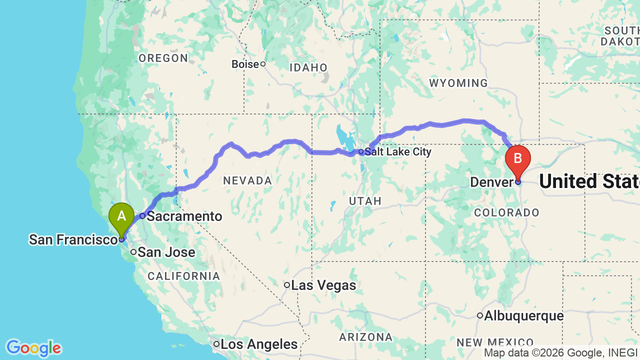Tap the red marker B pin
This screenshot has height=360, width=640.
tap(518, 159)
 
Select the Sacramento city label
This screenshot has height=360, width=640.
tap(184, 216)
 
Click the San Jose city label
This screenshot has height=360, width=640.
tap(166, 252)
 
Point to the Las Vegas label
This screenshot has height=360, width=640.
tap(323, 285)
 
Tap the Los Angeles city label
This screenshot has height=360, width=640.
tap(259, 344)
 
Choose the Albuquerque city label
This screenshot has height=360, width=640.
tap(523, 316)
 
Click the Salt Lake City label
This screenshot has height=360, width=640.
tap(397, 151)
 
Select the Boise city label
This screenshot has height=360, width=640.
tap(245, 64)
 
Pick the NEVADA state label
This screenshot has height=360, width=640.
tap(247, 180)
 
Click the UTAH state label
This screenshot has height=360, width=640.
tap(365, 201)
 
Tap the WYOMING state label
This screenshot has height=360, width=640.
tap(458, 83)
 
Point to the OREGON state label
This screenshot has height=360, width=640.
tap(163, 58)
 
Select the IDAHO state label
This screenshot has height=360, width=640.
tap(308, 67)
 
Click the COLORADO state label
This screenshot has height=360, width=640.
tap(507, 212)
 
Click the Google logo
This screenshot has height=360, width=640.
tap(33, 348)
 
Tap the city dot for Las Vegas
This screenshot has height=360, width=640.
tap(287, 285)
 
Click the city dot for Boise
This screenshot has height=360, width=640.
tap(262, 64)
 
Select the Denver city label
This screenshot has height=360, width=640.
tap(491, 182)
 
